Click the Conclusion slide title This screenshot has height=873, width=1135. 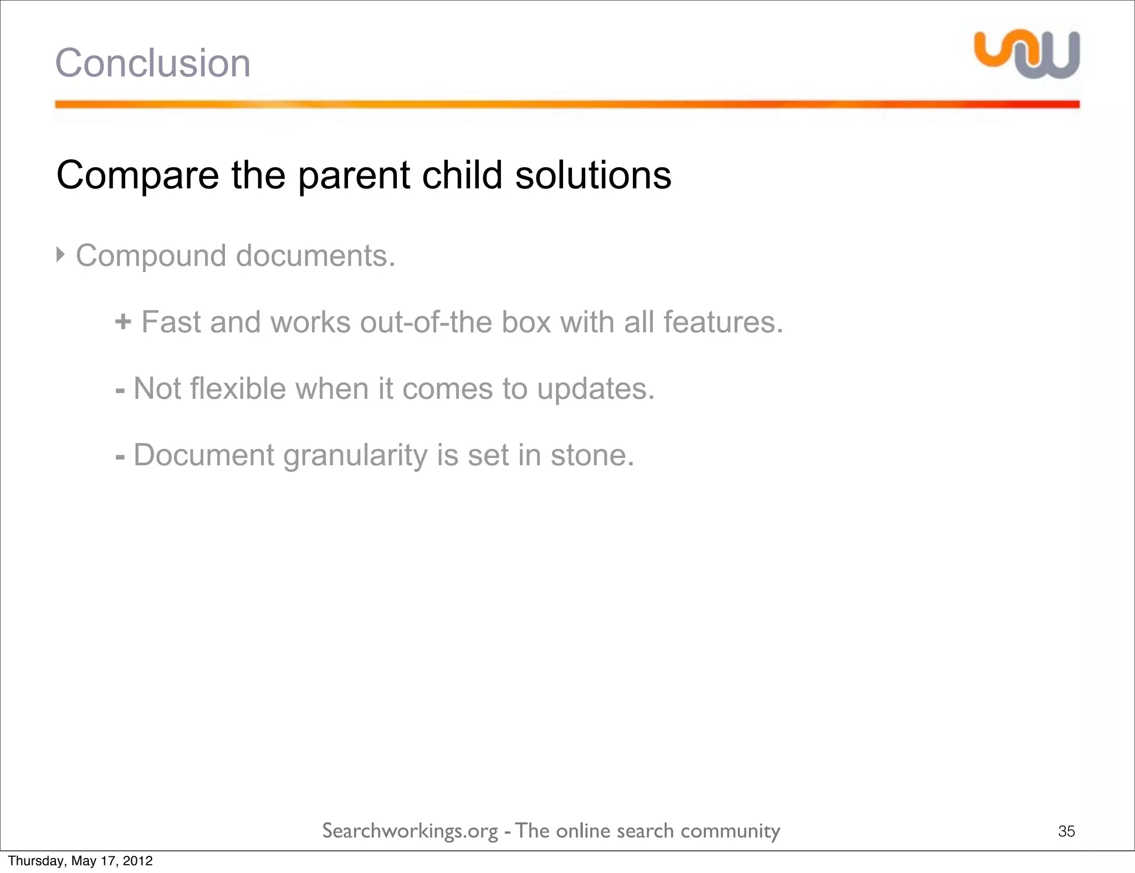[152, 63]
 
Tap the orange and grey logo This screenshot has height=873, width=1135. [1027, 54]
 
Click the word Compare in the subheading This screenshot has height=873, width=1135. [137, 176]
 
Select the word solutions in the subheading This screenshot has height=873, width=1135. [593, 176]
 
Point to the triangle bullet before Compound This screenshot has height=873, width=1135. [61, 255]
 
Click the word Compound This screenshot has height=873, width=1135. [151, 256]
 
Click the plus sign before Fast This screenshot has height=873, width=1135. [123, 322]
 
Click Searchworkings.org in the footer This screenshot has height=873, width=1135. [410, 831]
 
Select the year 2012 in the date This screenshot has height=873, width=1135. [137, 861]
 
